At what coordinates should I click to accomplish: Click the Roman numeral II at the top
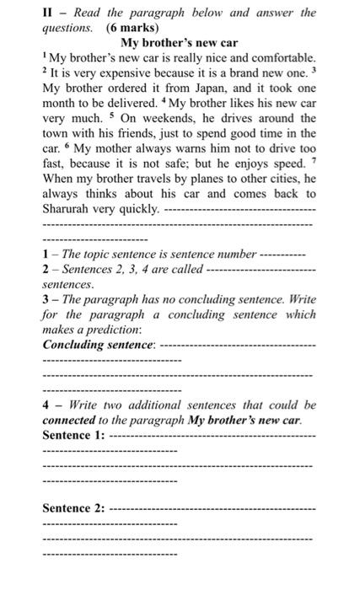47,13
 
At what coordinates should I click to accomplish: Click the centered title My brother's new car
180,42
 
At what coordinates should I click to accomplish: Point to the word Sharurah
69,209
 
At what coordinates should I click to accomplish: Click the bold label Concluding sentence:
99,345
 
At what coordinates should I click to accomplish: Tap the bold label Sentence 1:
73,435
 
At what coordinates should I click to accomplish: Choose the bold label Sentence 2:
73,508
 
